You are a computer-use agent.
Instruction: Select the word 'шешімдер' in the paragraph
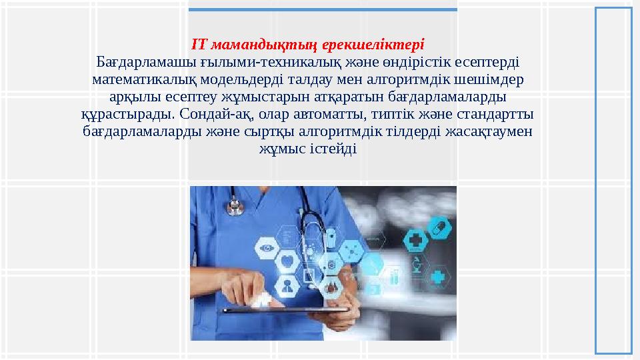494,79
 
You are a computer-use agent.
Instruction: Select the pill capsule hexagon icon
438,229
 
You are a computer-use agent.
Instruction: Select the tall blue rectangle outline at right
613,179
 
